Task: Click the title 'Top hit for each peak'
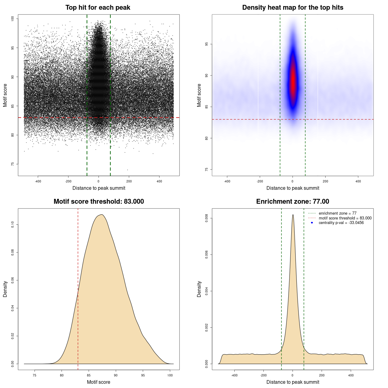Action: point(98,8)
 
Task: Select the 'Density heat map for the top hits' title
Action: point(293,8)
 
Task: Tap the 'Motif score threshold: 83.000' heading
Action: point(99,202)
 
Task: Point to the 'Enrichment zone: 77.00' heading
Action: point(293,202)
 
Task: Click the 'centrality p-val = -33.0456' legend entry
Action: point(341,223)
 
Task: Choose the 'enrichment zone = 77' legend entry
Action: point(337,213)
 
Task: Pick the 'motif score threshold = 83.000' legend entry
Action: point(345,218)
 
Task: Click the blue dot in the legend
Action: point(312,223)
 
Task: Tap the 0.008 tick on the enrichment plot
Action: point(207,218)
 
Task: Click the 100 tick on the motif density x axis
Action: point(170,375)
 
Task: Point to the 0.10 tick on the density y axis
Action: point(13,225)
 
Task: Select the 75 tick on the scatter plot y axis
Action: point(13,164)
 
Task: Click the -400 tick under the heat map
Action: point(227,181)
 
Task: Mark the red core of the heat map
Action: point(293,80)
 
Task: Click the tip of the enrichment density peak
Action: point(293,215)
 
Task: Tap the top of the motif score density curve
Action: point(102,215)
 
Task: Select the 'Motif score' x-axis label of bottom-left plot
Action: point(99,382)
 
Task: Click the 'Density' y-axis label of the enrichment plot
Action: point(199,289)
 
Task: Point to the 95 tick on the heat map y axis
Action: point(207,44)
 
